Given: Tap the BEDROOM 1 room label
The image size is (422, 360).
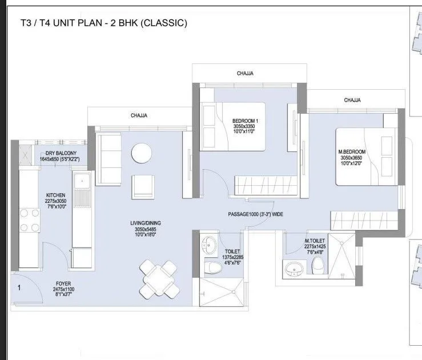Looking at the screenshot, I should pos(246,121).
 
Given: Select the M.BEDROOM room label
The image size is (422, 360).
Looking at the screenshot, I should pos(352,151).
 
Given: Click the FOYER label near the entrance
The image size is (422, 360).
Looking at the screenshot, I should pos(63,283).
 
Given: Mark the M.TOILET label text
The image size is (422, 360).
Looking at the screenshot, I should pos(315,241).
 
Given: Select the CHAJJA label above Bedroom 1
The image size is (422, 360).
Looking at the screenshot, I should pos(245,73).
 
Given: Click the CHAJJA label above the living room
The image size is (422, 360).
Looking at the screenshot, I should pos(139,115).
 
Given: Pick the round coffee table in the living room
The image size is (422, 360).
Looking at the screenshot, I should pos(141,153).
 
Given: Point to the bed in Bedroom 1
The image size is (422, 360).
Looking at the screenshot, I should pos(232,126).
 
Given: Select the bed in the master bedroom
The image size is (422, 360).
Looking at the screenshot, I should pos(364,157).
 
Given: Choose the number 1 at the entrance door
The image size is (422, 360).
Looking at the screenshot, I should pos(19,289).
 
